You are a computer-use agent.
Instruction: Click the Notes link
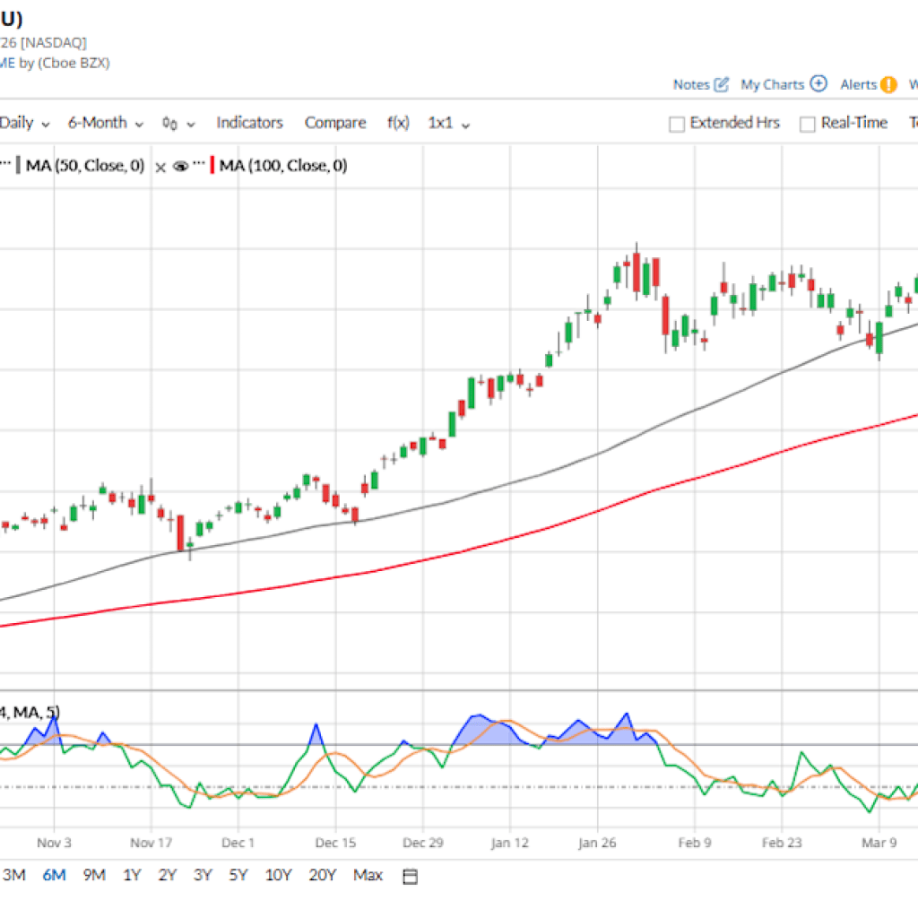[x=691, y=84]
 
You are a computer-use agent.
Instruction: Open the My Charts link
[x=772, y=84]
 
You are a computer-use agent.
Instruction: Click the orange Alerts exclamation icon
[x=888, y=85]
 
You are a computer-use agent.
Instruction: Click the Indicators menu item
[x=249, y=123]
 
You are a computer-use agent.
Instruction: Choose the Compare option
[x=335, y=123]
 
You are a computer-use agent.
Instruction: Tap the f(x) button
[x=398, y=123]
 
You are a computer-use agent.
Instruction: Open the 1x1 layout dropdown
[x=448, y=123]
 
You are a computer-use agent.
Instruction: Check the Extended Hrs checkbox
[x=678, y=124]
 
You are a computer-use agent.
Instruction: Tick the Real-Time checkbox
[x=808, y=124]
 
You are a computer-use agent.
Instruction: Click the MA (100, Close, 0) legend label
[x=283, y=166]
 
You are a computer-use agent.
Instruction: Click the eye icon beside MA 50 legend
[x=180, y=166]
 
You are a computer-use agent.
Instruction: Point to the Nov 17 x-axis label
[x=151, y=843]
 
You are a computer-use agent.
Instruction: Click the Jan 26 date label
[x=596, y=843]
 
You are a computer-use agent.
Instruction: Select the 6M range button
[x=54, y=875]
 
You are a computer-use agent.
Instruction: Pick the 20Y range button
[x=322, y=875]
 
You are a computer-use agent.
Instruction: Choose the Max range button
[x=368, y=875]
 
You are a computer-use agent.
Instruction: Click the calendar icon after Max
[x=410, y=876]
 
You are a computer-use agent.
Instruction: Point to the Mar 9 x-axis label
[x=879, y=843]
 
